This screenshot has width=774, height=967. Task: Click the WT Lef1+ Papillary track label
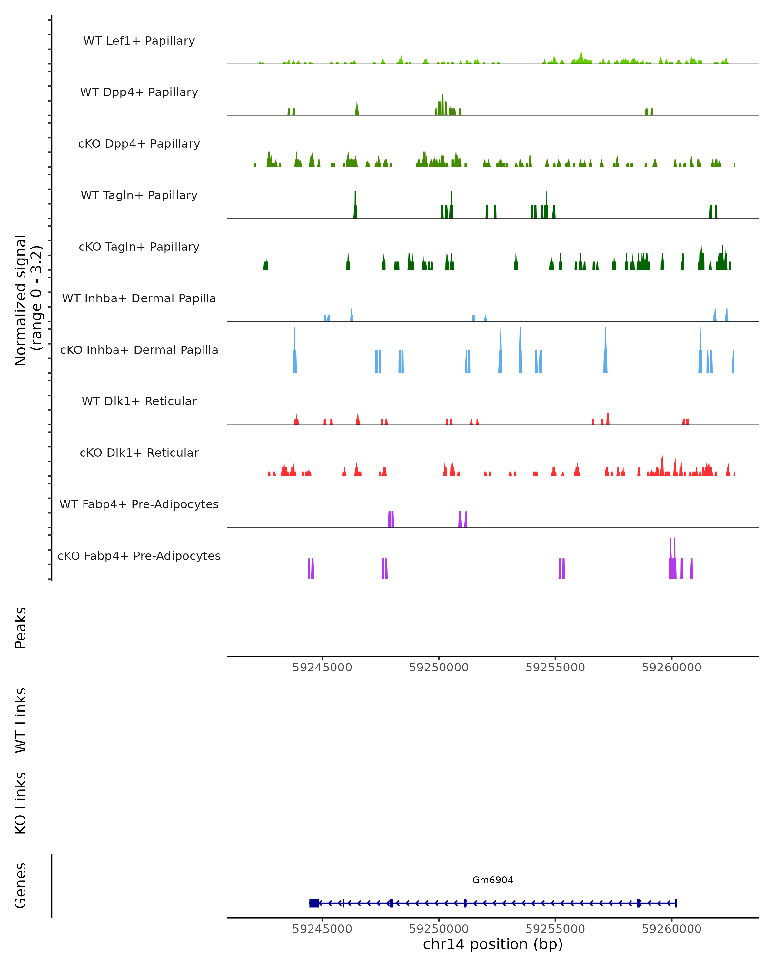click(139, 41)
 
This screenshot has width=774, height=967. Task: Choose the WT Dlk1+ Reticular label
click(139, 401)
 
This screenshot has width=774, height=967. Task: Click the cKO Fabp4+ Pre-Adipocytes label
click(139, 556)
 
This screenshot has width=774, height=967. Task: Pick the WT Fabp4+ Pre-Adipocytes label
click(139, 504)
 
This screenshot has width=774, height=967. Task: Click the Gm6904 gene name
click(493, 880)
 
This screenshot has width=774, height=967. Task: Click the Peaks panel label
click(21, 628)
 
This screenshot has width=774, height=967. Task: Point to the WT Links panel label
click(21, 720)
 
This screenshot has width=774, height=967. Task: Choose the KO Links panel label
click(21, 803)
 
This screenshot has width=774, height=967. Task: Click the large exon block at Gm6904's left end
click(314, 903)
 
